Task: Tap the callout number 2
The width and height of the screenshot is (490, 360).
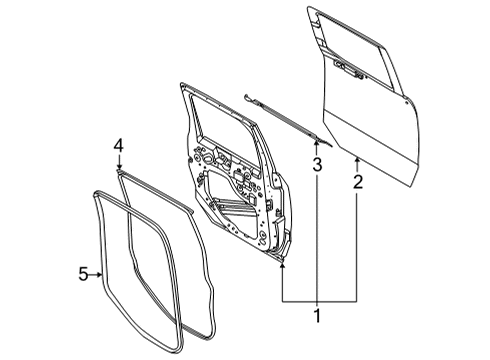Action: (357, 182)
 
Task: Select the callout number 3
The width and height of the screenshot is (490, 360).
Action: (315, 164)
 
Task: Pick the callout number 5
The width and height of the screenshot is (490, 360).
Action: (84, 272)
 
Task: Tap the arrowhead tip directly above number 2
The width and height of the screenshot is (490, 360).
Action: (357, 158)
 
